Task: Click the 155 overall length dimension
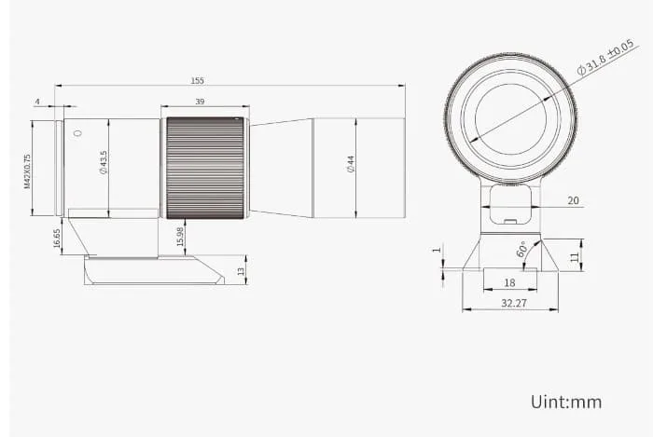[197, 80]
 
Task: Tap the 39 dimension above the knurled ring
[200, 102]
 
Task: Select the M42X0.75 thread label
[27, 171]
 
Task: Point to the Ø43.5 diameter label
[103, 162]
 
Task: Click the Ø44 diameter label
[350, 164]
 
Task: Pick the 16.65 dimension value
[57, 239]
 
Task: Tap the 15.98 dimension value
[180, 236]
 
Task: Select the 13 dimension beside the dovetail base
[241, 271]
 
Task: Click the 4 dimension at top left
[37, 102]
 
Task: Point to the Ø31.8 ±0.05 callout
[605, 57]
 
